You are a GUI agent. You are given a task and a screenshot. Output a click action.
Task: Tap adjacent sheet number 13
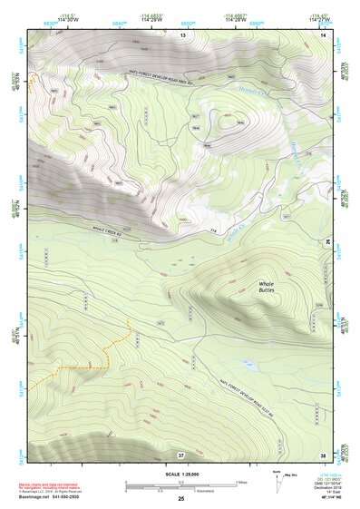(181, 34)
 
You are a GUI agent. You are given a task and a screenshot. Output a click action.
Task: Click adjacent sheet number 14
(321, 34)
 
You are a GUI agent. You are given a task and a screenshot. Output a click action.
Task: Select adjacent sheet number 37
(181, 454)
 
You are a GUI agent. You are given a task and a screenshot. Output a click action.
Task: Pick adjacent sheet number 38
(322, 454)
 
